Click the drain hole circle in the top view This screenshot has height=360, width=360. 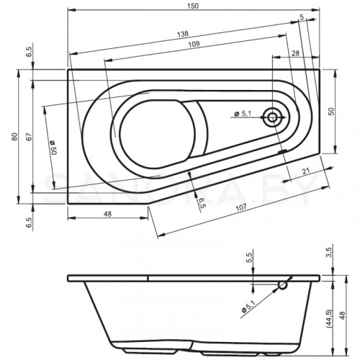pyautogui.click(x=274, y=117)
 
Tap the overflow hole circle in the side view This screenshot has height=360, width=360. pyautogui.click(x=283, y=285)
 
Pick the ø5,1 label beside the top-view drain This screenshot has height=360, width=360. pyautogui.click(x=243, y=114)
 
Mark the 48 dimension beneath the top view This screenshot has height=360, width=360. pyautogui.click(x=106, y=214)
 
